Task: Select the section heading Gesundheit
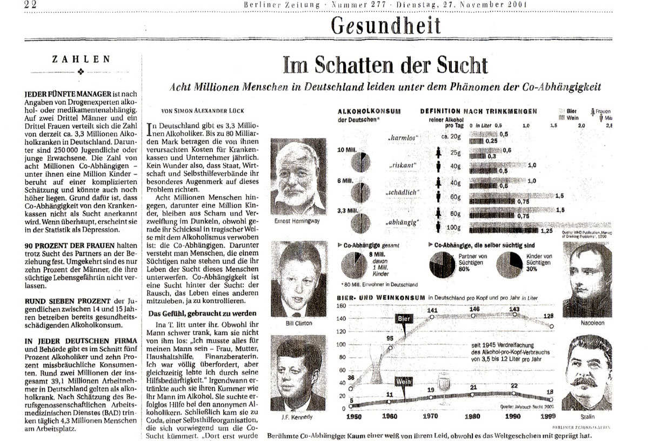(x=385, y=25)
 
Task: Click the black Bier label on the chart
(x=404, y=319)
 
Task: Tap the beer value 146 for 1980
(x=474, y=309)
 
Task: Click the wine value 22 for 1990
(x=514, y=385)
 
